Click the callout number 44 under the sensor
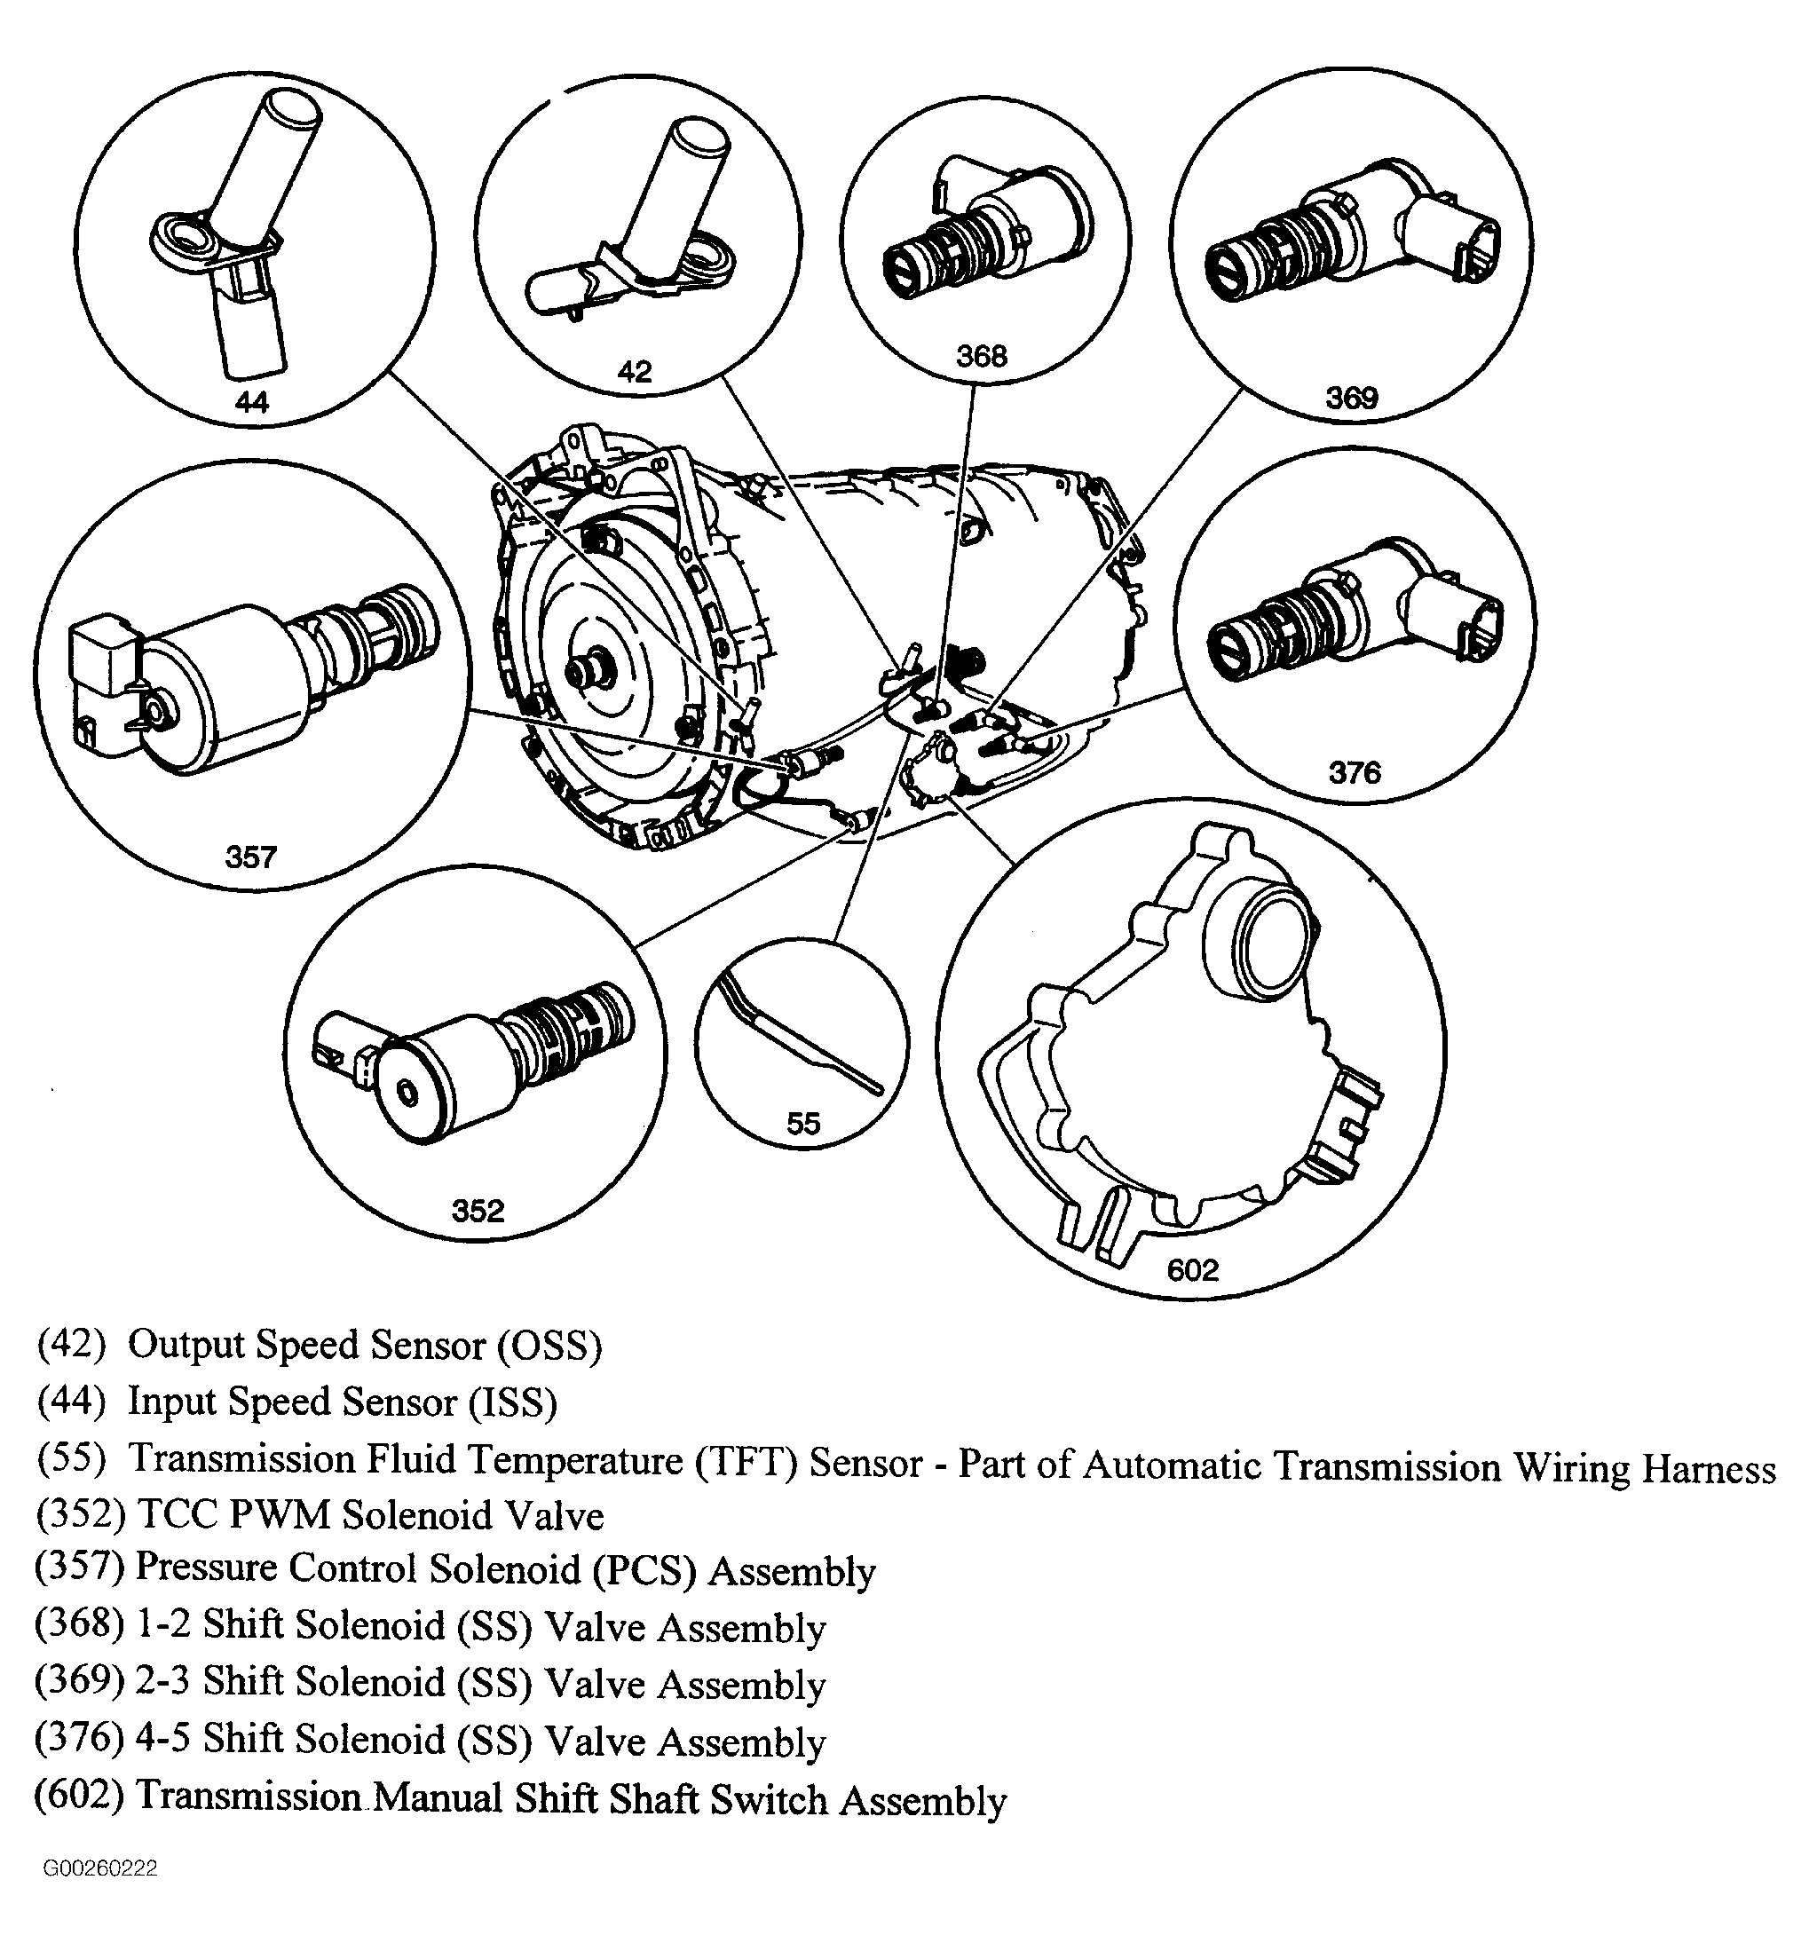(x=251, y=402)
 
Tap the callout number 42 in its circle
(x=635, y=371)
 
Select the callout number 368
(x=981, y=355)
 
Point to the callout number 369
(x=1351, y=398)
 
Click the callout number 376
(x=1354, y=773)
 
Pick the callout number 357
(x=251, y=857)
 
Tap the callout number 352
(x=478, y=1211)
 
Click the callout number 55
(x=803, y=1124)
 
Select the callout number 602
(x=1192, y=1269)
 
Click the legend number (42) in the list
(x=71, y=1344)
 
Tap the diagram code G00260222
(x=99, y=1868)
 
